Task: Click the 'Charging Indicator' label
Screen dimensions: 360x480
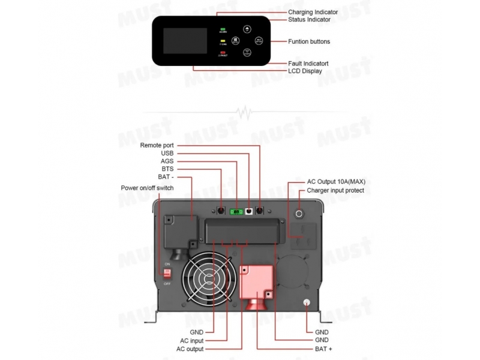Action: click(x=313, y=12)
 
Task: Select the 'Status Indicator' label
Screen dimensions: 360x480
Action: click(x=309, y=20)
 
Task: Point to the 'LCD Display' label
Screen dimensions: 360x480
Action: click(x=305, y=71)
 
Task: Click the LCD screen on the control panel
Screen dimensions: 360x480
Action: click(x=184, y=41)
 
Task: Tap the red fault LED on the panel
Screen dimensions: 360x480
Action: click(x=222, y=53)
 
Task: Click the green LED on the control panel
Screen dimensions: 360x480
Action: click(x=222, y=28)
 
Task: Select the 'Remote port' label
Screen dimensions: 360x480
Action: click(x=157, y=145)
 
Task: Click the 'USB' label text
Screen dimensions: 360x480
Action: click(x=167, y=153)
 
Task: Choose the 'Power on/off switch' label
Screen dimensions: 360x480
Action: click(x=147, y=188)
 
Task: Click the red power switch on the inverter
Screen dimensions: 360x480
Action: click(x=167, y=272)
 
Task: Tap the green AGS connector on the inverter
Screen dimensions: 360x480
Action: click(x=236, y=211)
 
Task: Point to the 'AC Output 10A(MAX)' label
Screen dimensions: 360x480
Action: click(x=335, y=181)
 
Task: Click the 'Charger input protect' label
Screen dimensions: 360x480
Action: click(x=335, y=190)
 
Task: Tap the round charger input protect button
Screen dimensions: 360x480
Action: click(x=299, y=213)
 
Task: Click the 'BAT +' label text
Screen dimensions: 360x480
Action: click(x=325, y=348)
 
